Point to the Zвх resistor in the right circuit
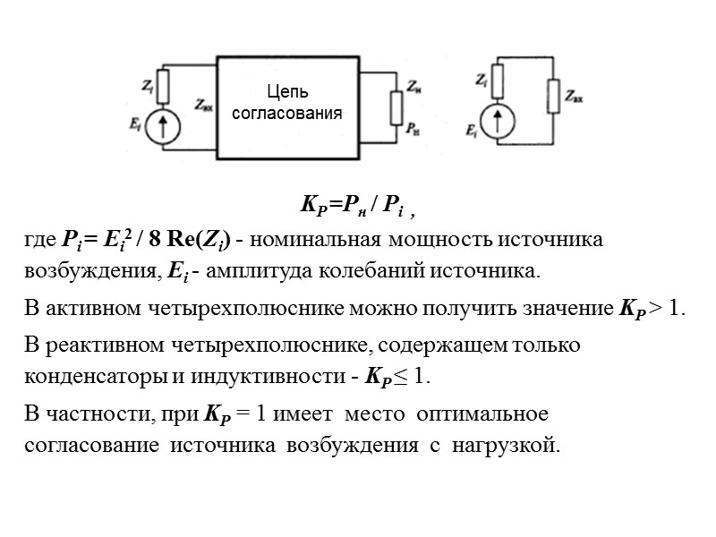click(x=555, y=92)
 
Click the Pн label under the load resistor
click(x=412, y=130)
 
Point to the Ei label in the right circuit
click(x=472, y=131)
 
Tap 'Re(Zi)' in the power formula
click(x=204, y=240)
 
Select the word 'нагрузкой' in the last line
click(x=508, y=444)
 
